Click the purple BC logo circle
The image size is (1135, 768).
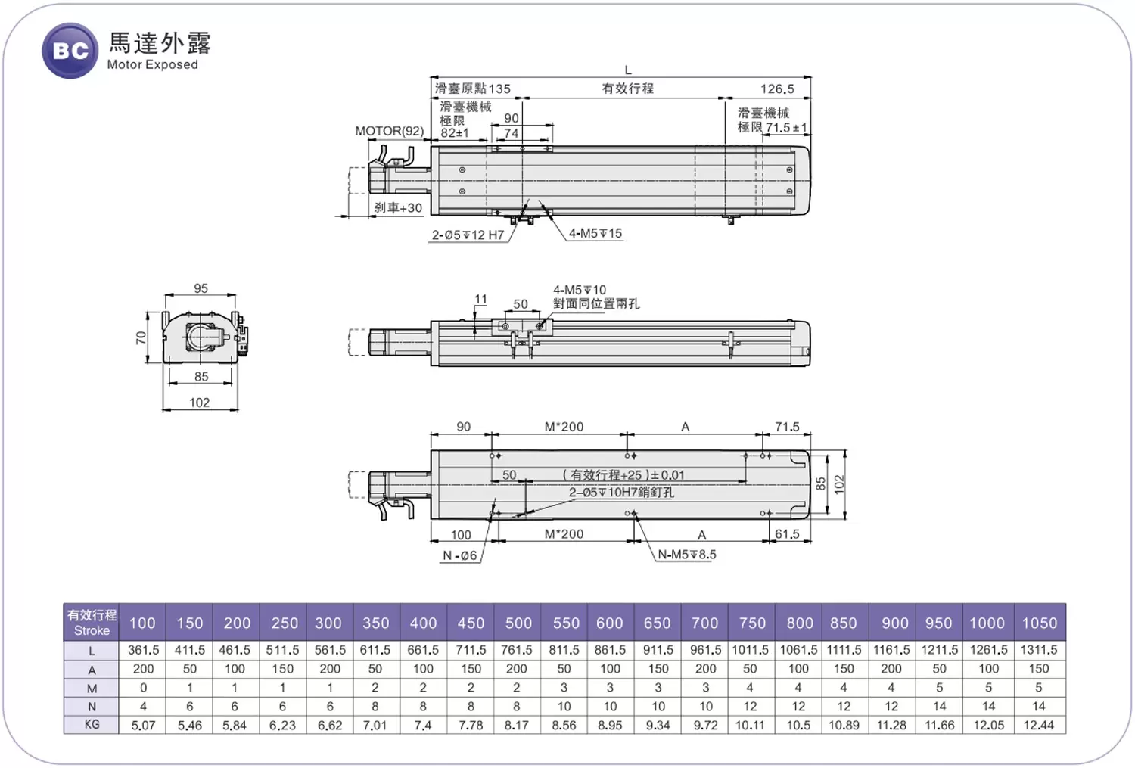[70, 51]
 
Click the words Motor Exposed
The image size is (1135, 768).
[152, 65]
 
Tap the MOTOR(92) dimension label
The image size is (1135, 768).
[389, 131]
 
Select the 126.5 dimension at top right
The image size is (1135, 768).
[777, 89]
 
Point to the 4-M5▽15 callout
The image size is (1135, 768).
[595, 233]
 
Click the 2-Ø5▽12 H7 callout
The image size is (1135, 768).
[468, 235]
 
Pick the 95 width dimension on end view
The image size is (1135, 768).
[201, 288]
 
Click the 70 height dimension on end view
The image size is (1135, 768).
[141, 337]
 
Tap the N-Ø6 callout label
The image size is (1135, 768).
[460, 555]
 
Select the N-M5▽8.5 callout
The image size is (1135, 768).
[686, 555]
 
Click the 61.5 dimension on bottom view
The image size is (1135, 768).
[787, 534]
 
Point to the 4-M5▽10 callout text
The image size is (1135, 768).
[579, 290]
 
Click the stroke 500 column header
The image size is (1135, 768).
[518, 623]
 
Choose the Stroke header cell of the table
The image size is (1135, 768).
[92, 623]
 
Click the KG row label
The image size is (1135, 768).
[92, 724]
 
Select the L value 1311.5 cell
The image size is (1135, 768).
[1039, 650]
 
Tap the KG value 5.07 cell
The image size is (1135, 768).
[143, 725]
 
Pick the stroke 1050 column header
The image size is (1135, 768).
[1039, 623]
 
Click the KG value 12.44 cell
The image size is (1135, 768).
[1039, 725]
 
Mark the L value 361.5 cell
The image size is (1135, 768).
[143, 650]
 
